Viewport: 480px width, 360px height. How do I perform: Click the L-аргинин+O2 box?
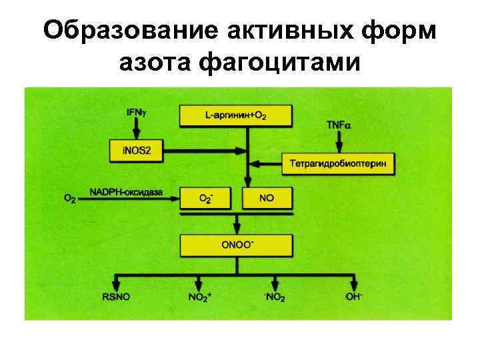pos(236,115)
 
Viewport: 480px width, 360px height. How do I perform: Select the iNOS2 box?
pos(136,151)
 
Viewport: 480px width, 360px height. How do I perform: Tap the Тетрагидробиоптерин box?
pos(338,163)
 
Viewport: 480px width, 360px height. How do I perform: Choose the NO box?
pos(267,198)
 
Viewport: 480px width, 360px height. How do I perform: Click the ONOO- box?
pos(237,245)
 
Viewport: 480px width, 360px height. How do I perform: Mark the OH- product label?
pos(354,297)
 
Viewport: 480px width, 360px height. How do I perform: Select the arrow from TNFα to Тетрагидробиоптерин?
pos(339,141)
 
